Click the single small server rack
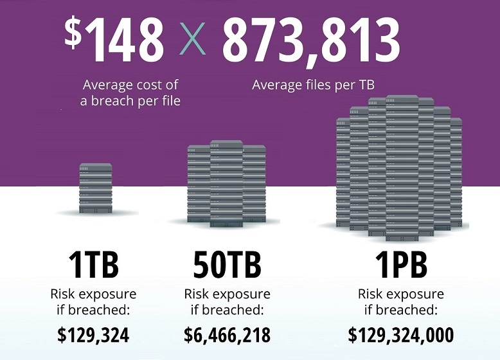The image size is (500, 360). tap(95, 188)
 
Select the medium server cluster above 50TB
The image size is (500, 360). tap(226, 183)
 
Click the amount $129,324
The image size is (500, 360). tap(94, 335)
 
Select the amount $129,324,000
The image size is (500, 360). tap(400, 335)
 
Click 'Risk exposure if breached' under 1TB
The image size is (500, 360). tap(94, 302)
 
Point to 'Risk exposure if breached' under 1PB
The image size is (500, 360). tap(400, 302)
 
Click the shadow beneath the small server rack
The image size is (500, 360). tap(95, 215)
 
